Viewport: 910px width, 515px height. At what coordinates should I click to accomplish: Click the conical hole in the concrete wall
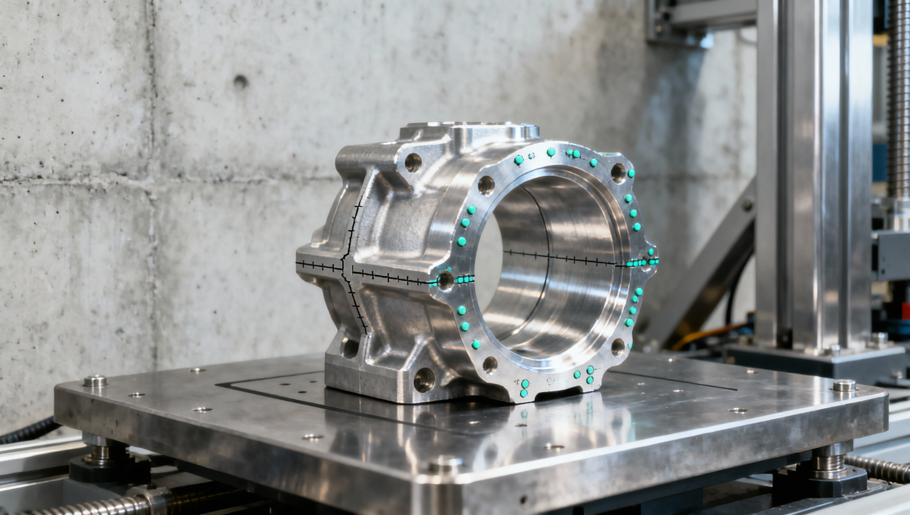pyautogui.click(x=240, y=82)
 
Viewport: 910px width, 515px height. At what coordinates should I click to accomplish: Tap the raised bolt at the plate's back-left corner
pyautogui.click(x=96, y=381)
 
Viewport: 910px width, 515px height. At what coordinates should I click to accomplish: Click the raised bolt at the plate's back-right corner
pyautogui.click(x=844, y=385)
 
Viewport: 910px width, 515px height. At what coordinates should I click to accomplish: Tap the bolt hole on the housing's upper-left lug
pyautogui.click(x=412, y=161)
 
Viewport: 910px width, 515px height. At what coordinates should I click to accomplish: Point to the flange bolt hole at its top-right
pyautogui.click(x=618, y=172)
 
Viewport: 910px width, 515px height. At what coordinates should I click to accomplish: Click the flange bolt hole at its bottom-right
pyautogui.click(x=618, y=346)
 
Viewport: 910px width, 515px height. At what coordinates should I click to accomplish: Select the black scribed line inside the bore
pyautogui.click(x=558, y=256)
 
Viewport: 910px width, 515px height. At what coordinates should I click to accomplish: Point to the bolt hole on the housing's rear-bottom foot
pyautogui.click(x=349, y=348)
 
